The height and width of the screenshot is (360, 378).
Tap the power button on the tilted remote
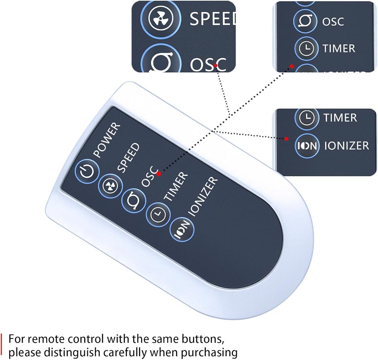87,171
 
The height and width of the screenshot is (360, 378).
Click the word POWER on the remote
107,140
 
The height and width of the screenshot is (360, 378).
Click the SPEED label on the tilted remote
128,158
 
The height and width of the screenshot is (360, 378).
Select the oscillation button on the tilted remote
134,201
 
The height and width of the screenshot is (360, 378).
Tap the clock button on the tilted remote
158,214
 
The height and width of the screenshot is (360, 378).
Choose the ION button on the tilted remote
182,229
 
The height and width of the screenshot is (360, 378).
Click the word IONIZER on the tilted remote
203,197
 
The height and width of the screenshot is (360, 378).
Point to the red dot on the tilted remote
159,174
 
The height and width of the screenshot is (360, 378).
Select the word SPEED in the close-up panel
212,19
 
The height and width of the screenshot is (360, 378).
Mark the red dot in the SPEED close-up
216,65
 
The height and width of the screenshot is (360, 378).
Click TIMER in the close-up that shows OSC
339,48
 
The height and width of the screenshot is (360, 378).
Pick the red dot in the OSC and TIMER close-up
292,66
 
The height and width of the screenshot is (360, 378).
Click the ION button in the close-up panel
307,146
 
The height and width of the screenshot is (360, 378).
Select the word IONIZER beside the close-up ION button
346,146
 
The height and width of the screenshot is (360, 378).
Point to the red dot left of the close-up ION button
286,139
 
